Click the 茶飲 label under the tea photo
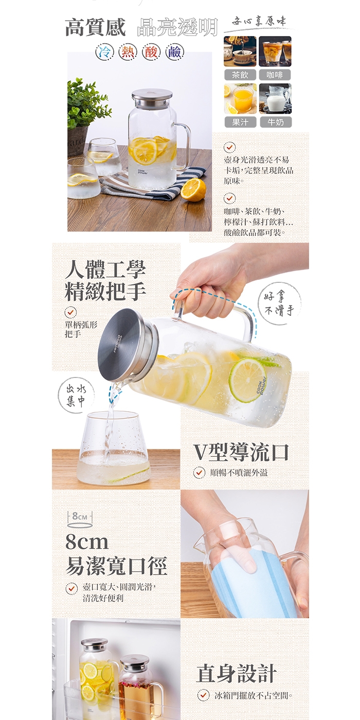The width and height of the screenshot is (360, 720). tap(240, 75)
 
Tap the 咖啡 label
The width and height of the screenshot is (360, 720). tap(275, 75)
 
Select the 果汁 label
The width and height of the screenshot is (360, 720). tap(240, 122)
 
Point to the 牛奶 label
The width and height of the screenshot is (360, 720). tap(276, 122)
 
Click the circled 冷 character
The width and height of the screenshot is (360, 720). tap(105, 52)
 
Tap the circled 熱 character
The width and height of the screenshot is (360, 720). tap(128, 52)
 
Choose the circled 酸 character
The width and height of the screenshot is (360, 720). tap(151, 52)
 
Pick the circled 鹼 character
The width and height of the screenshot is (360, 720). tap(174, 52)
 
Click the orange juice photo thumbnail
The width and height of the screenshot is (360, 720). tap(240, 99)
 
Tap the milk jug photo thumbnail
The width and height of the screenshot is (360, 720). tap(275, 99)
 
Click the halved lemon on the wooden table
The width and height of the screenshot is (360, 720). tap(193, 190)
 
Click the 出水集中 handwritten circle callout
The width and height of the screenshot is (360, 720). tap(76, 395)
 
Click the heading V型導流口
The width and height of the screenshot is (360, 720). tap(241, 452)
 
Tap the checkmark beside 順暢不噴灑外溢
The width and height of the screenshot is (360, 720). tap(200, 473)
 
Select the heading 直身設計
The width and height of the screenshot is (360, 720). tap(237, 673)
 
